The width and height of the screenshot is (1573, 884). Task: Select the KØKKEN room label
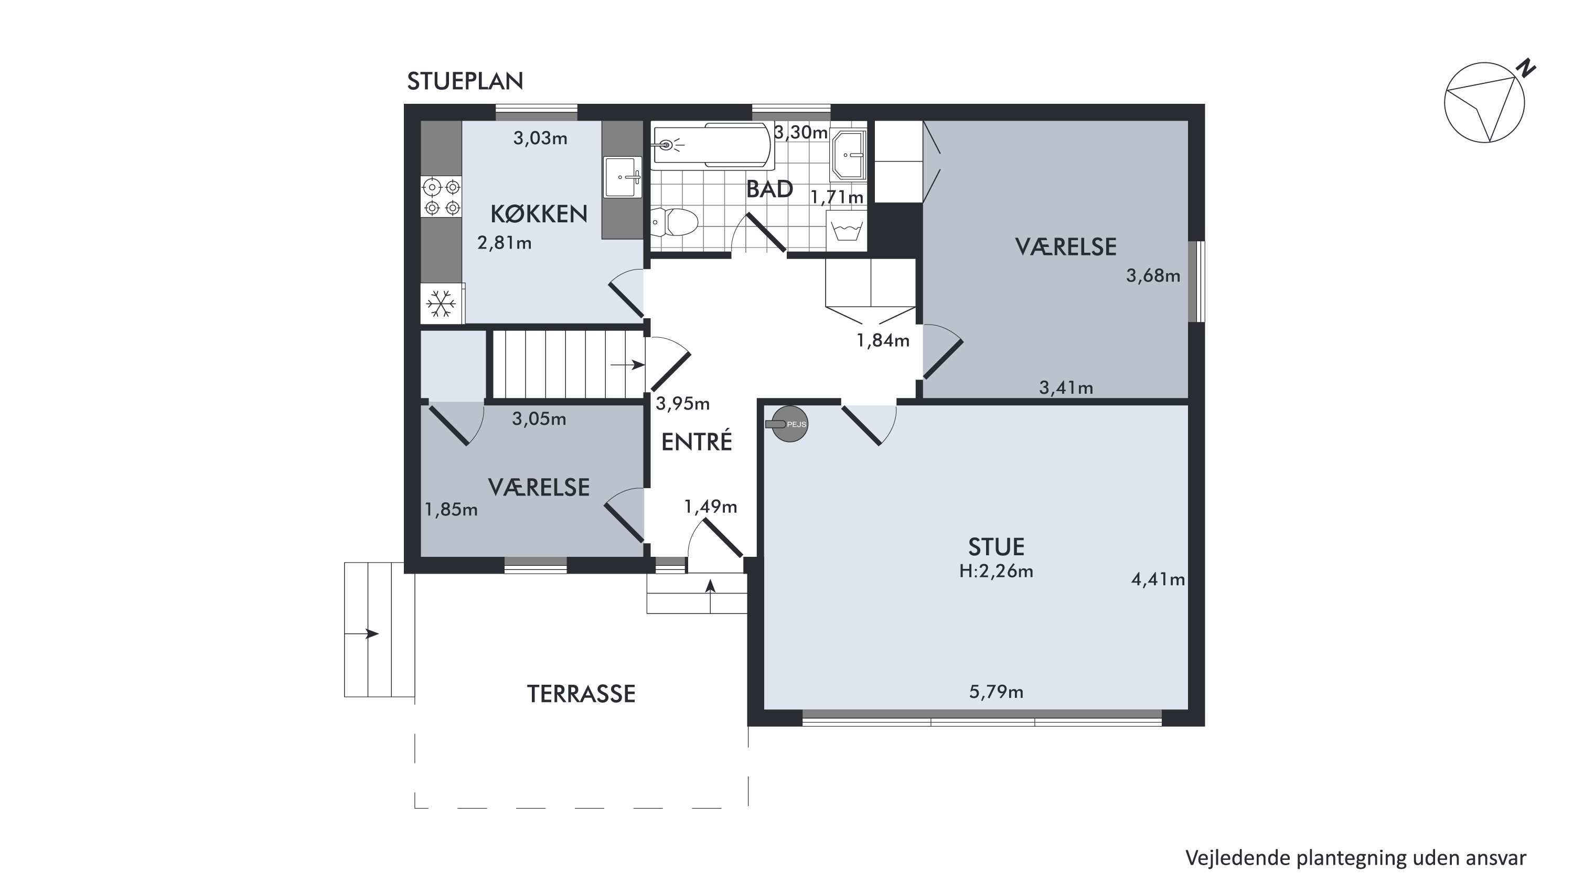[x=539, y=214]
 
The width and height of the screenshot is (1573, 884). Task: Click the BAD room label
[x=769, y=189]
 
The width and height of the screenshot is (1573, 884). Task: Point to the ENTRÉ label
[x=697, y=442]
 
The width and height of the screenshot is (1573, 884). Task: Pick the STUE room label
[x=996, y=546]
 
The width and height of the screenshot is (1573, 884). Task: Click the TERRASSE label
[x=581, y=694]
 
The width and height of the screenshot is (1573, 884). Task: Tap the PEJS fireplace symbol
[x=788, y=424]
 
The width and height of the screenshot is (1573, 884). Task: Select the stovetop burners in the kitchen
[x=442, y=197]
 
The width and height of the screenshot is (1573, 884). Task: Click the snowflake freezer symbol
[x=441, y=303]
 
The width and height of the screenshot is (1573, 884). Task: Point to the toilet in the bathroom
[x=675, y=223]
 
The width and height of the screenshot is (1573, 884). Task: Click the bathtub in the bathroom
[x=712, y=145]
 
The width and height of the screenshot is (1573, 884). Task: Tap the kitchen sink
[x=622, y=177]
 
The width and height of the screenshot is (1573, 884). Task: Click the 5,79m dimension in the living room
[x=996, y=692]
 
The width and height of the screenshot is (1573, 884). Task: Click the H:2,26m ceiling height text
[x=996, y=572]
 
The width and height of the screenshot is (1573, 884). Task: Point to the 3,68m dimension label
[x=1153, y=276]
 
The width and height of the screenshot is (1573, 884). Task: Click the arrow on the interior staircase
[x=628, y=365]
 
